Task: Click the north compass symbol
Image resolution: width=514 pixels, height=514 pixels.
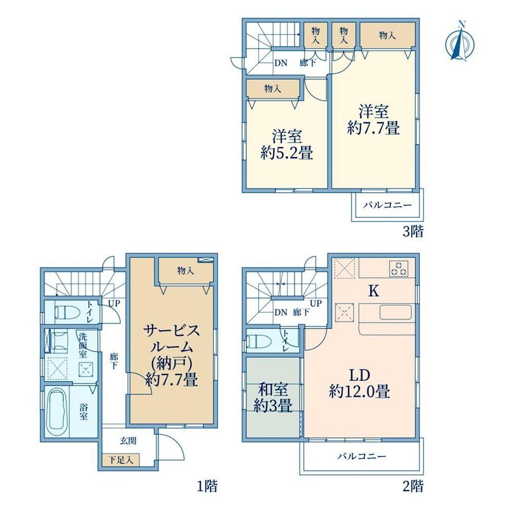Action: click(x=460, y=42)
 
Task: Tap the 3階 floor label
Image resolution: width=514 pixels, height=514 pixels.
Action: click(x=413, y=231)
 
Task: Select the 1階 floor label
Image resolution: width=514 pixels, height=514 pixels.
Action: click(x=207, y=486)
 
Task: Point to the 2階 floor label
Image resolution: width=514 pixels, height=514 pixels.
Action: click(x=413, y=486)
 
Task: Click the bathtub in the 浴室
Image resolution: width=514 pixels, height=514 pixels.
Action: click(x=58, y=411)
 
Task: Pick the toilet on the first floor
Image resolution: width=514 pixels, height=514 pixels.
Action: click(x=67, y=312)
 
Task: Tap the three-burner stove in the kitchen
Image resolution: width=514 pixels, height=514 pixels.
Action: click(x=398, y=268)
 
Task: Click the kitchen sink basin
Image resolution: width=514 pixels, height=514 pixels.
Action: click(x=396, y=312)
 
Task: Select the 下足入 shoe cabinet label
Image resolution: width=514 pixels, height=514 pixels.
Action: click(x=121, y=460)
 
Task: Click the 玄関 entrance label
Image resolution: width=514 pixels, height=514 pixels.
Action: click(x=128, y=441)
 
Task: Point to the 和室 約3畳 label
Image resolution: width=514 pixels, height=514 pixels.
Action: click(x=273, y=398)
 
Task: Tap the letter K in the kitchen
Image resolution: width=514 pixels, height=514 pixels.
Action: click(x=374, y=291)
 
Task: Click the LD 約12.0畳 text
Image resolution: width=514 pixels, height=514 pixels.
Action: click(x=359, y=383)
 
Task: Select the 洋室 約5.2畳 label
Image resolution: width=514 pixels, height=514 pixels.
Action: click(x=287, y=145)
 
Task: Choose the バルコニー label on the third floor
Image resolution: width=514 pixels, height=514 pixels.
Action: click(x=387, y=206)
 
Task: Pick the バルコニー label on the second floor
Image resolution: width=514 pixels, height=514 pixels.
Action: click(x=361, y=456)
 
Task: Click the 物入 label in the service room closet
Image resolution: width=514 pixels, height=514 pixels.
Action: click(x=185, y=270)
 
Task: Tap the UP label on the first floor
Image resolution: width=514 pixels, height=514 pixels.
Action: click(x=114, y=303)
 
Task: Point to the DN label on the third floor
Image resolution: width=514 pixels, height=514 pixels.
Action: click(x=280, y=63)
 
